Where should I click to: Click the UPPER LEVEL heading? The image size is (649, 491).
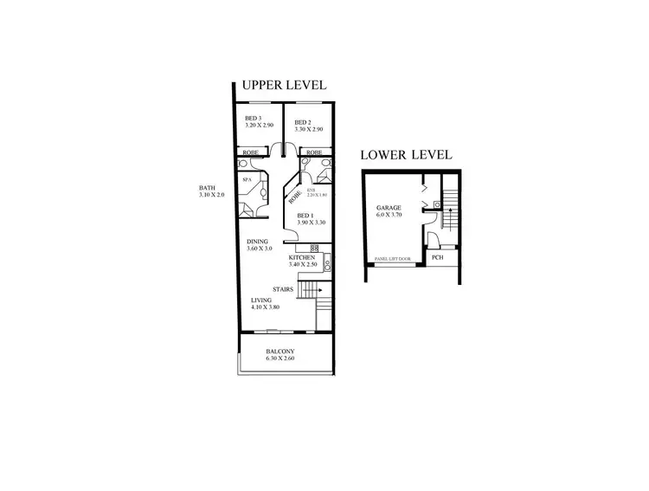point(283,85)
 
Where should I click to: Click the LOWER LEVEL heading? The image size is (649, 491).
point(406,156)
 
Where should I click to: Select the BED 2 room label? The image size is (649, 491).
point(302,122)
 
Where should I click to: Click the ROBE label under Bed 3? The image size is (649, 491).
point(249,152)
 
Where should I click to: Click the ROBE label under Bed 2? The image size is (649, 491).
point(315,152)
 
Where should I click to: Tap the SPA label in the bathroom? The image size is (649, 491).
point(247,180)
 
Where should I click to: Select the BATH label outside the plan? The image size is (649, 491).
point(207,188)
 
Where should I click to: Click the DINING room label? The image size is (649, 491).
point(257,242)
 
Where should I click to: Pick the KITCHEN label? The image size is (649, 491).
point(300,258)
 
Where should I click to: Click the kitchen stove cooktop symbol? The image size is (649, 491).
point(315,249)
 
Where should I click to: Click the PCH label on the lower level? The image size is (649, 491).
point(437,256)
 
